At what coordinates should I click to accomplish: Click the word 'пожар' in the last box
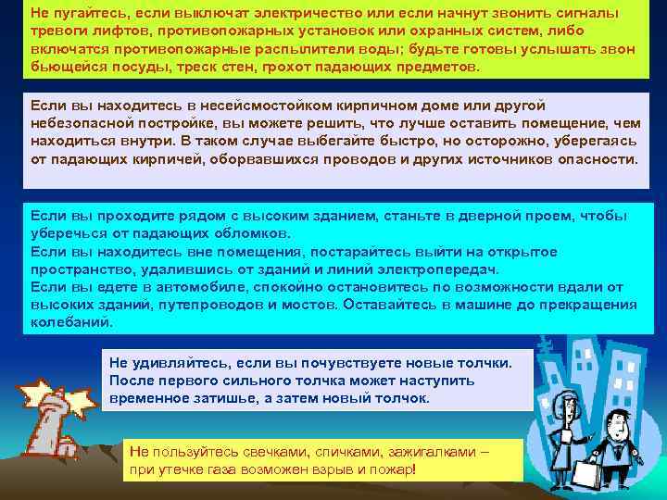(396, 469)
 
